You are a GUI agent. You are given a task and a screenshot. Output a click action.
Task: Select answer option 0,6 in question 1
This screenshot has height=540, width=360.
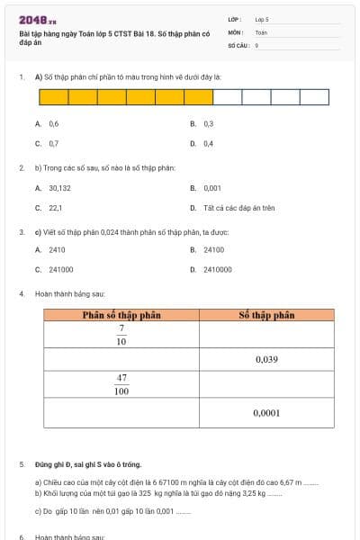[54, 124]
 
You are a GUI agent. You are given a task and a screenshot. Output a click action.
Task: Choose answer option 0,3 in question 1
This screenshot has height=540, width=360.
[208, 124]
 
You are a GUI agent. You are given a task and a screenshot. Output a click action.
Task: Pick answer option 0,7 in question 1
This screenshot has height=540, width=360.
[54, 143]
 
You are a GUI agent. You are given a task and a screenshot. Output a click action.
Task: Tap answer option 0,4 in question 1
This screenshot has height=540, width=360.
[208, 143]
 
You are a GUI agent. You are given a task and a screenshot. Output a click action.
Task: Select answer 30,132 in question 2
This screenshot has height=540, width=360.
[59, 188]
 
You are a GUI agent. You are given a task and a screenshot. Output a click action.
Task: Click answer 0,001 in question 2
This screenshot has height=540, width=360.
[212, 188]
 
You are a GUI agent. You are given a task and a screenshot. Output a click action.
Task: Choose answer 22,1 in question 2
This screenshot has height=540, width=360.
[55, 208]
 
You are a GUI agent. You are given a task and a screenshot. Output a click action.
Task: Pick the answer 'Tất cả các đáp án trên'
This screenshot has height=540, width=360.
[238, 208]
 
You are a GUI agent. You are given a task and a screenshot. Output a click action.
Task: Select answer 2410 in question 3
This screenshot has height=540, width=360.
[57, 249]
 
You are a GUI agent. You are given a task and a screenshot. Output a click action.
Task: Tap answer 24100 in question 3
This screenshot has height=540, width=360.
[213, 249]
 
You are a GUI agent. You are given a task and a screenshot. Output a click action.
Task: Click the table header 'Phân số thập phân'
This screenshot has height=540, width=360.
[121, 315]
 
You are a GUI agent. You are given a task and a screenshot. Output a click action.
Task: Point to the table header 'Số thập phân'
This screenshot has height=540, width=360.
[266, 315]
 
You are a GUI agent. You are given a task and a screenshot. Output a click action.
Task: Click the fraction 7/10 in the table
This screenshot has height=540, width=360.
[121, 335]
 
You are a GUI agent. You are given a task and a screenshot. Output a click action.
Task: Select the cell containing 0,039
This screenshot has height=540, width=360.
[266, 359]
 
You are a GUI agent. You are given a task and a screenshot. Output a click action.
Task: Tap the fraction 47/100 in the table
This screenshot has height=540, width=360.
[121, 385]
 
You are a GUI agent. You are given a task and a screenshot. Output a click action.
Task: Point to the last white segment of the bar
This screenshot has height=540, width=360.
[315, 97]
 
